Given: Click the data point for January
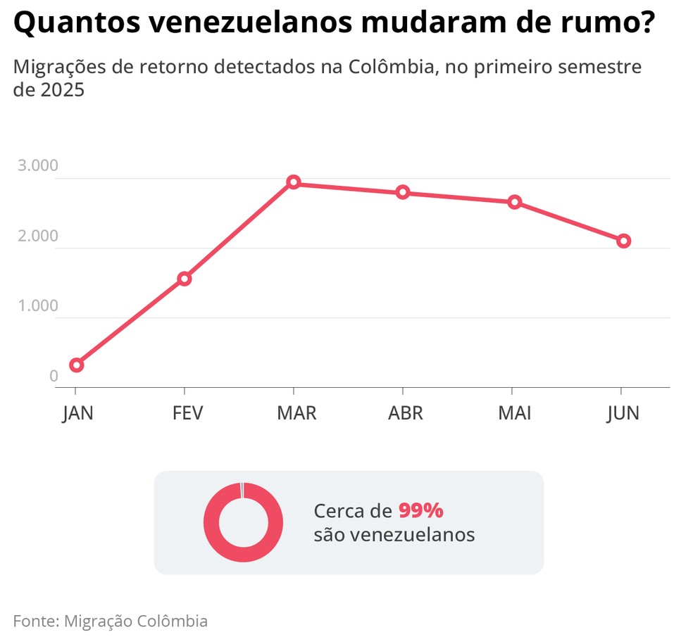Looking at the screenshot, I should [x=77, y=365].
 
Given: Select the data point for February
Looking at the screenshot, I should [x=185, y=279].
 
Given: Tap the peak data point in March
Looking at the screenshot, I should [x=294, y=183].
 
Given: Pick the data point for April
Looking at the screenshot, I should [x=403, y=192].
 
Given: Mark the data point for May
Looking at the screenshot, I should [x=515, y=202].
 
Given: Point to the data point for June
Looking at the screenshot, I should [x=623, y=241].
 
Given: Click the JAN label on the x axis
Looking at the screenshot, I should [x=77, y=412].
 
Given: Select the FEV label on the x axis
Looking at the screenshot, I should [x=187, y=412].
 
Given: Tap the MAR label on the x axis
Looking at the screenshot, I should [x=296, y=412].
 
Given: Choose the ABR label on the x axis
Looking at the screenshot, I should [x=406, y=412].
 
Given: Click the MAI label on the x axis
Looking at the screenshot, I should [x=515, y=412].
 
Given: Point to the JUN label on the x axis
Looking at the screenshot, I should [x=623, y=412].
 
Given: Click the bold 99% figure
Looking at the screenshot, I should [x=420, y=510].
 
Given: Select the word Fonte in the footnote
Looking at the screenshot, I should [x=35, y=621].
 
